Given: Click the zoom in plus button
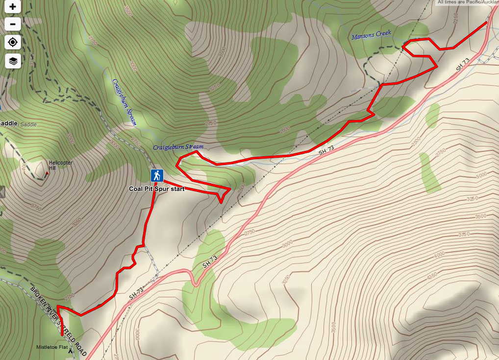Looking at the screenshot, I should (13, 7).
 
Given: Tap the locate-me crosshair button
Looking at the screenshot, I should (13, 42).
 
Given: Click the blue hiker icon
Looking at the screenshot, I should (157, 175).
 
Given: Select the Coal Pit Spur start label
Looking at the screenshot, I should (156, 189).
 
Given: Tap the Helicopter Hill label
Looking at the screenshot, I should (60, 165).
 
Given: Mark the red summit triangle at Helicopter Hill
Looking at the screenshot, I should (47, 173).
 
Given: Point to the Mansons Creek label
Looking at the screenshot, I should (371, 35).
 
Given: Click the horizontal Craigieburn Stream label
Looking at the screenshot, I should (177, 147).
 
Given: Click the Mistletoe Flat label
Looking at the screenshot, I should (51, 347).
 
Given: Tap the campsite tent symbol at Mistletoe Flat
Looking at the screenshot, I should (70, 351).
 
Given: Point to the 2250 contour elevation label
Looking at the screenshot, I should (455, 19).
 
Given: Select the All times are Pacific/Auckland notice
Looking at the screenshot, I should (468, 2).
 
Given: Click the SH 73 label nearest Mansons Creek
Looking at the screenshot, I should (462, 65).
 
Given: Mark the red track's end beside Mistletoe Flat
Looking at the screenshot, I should (62, 334).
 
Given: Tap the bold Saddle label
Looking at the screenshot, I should (9, 123).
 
